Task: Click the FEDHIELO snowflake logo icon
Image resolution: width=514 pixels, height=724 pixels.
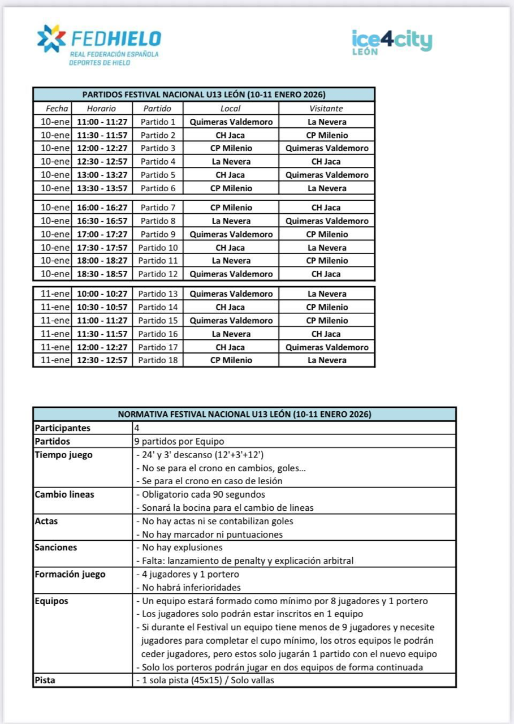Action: pos(51,38)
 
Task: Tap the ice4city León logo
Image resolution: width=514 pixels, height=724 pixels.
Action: pos(391,42)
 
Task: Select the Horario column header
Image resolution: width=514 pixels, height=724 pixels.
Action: pos(101,109)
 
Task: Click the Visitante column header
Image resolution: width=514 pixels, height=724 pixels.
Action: pos(326,109)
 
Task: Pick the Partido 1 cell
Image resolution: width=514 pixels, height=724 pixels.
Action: pos(158,122)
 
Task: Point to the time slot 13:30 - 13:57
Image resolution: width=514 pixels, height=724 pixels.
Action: pos(102,188)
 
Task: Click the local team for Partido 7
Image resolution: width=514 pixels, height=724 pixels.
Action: pos(231,208)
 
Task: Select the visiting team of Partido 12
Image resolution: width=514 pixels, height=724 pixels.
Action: pos(326,274)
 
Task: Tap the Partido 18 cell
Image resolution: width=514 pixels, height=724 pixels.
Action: pos(158,360)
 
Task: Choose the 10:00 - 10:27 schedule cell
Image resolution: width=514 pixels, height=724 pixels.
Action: pos(102,294)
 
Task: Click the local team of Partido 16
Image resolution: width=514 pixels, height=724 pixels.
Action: pos(231,334)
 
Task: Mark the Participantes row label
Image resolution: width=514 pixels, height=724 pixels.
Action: pos(62,428)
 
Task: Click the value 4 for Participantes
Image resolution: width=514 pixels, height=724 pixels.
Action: pos(137,428)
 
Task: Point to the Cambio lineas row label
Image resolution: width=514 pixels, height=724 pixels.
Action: pos(64,494)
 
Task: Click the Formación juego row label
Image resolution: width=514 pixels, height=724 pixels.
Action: pos(70,574)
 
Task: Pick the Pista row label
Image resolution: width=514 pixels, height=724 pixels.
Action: pos(45,680)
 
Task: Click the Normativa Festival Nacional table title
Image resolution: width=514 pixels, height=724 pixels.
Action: pos(244,414)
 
